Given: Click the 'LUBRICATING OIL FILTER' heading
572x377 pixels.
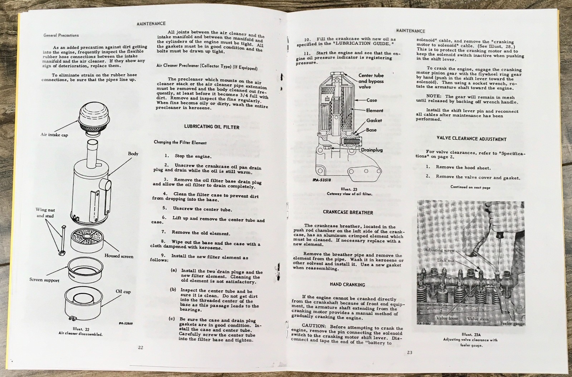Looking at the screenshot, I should pos(211,127).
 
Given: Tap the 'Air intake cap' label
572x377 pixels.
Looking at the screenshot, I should pos(54,135).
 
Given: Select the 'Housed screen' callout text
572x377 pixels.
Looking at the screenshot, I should pos(119,256).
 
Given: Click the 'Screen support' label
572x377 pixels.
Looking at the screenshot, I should pos(44,280).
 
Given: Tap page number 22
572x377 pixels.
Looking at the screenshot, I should pos(141,347).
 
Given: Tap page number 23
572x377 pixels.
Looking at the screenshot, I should pos(409,352).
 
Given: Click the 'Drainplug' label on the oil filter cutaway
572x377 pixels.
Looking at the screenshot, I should pos(372,150).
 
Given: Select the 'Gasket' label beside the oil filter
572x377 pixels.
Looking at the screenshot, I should pos(374,120).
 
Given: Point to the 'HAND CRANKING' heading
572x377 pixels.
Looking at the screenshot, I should pos(347,285).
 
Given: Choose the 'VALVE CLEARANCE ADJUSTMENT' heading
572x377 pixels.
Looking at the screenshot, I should pos(471,139).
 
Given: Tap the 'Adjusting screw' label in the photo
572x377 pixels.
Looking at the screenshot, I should pos(439,250).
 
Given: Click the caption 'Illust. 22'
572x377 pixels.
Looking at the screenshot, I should pos(81,329).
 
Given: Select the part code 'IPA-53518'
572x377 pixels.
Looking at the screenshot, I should pos(322,180).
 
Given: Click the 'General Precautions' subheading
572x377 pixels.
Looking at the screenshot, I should pos(61,35).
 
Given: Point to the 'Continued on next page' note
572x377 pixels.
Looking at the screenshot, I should pos(470,187).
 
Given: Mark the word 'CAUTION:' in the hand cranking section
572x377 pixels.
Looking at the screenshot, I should pos(314,326).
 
